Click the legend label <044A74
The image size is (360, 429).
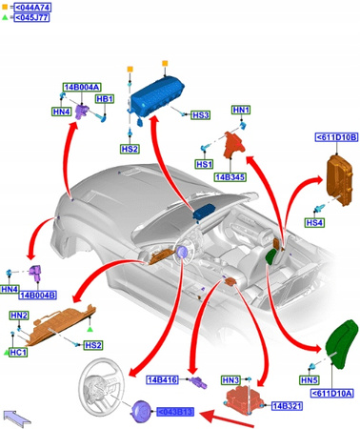click(x=29, y=7)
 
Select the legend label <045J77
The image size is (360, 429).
click(x=29, y=17)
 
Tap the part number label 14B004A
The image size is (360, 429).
click(x=82, y=87)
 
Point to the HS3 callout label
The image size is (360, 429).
click(x=200, y=115)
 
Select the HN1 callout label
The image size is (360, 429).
click(x=242, y=111)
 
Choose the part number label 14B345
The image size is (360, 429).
click(x=232, y=176)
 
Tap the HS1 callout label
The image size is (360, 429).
click(x=204, y=164)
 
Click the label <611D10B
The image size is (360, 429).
click(x=335, y=138)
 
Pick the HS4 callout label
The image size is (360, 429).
click(x=314, y=222)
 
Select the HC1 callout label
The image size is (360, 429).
click(x=18, y=352)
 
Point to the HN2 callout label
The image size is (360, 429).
click(x=19, y=315)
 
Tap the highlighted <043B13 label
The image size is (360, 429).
click(x=175, y=411)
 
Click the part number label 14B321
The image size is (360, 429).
click(x=287, y=406)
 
